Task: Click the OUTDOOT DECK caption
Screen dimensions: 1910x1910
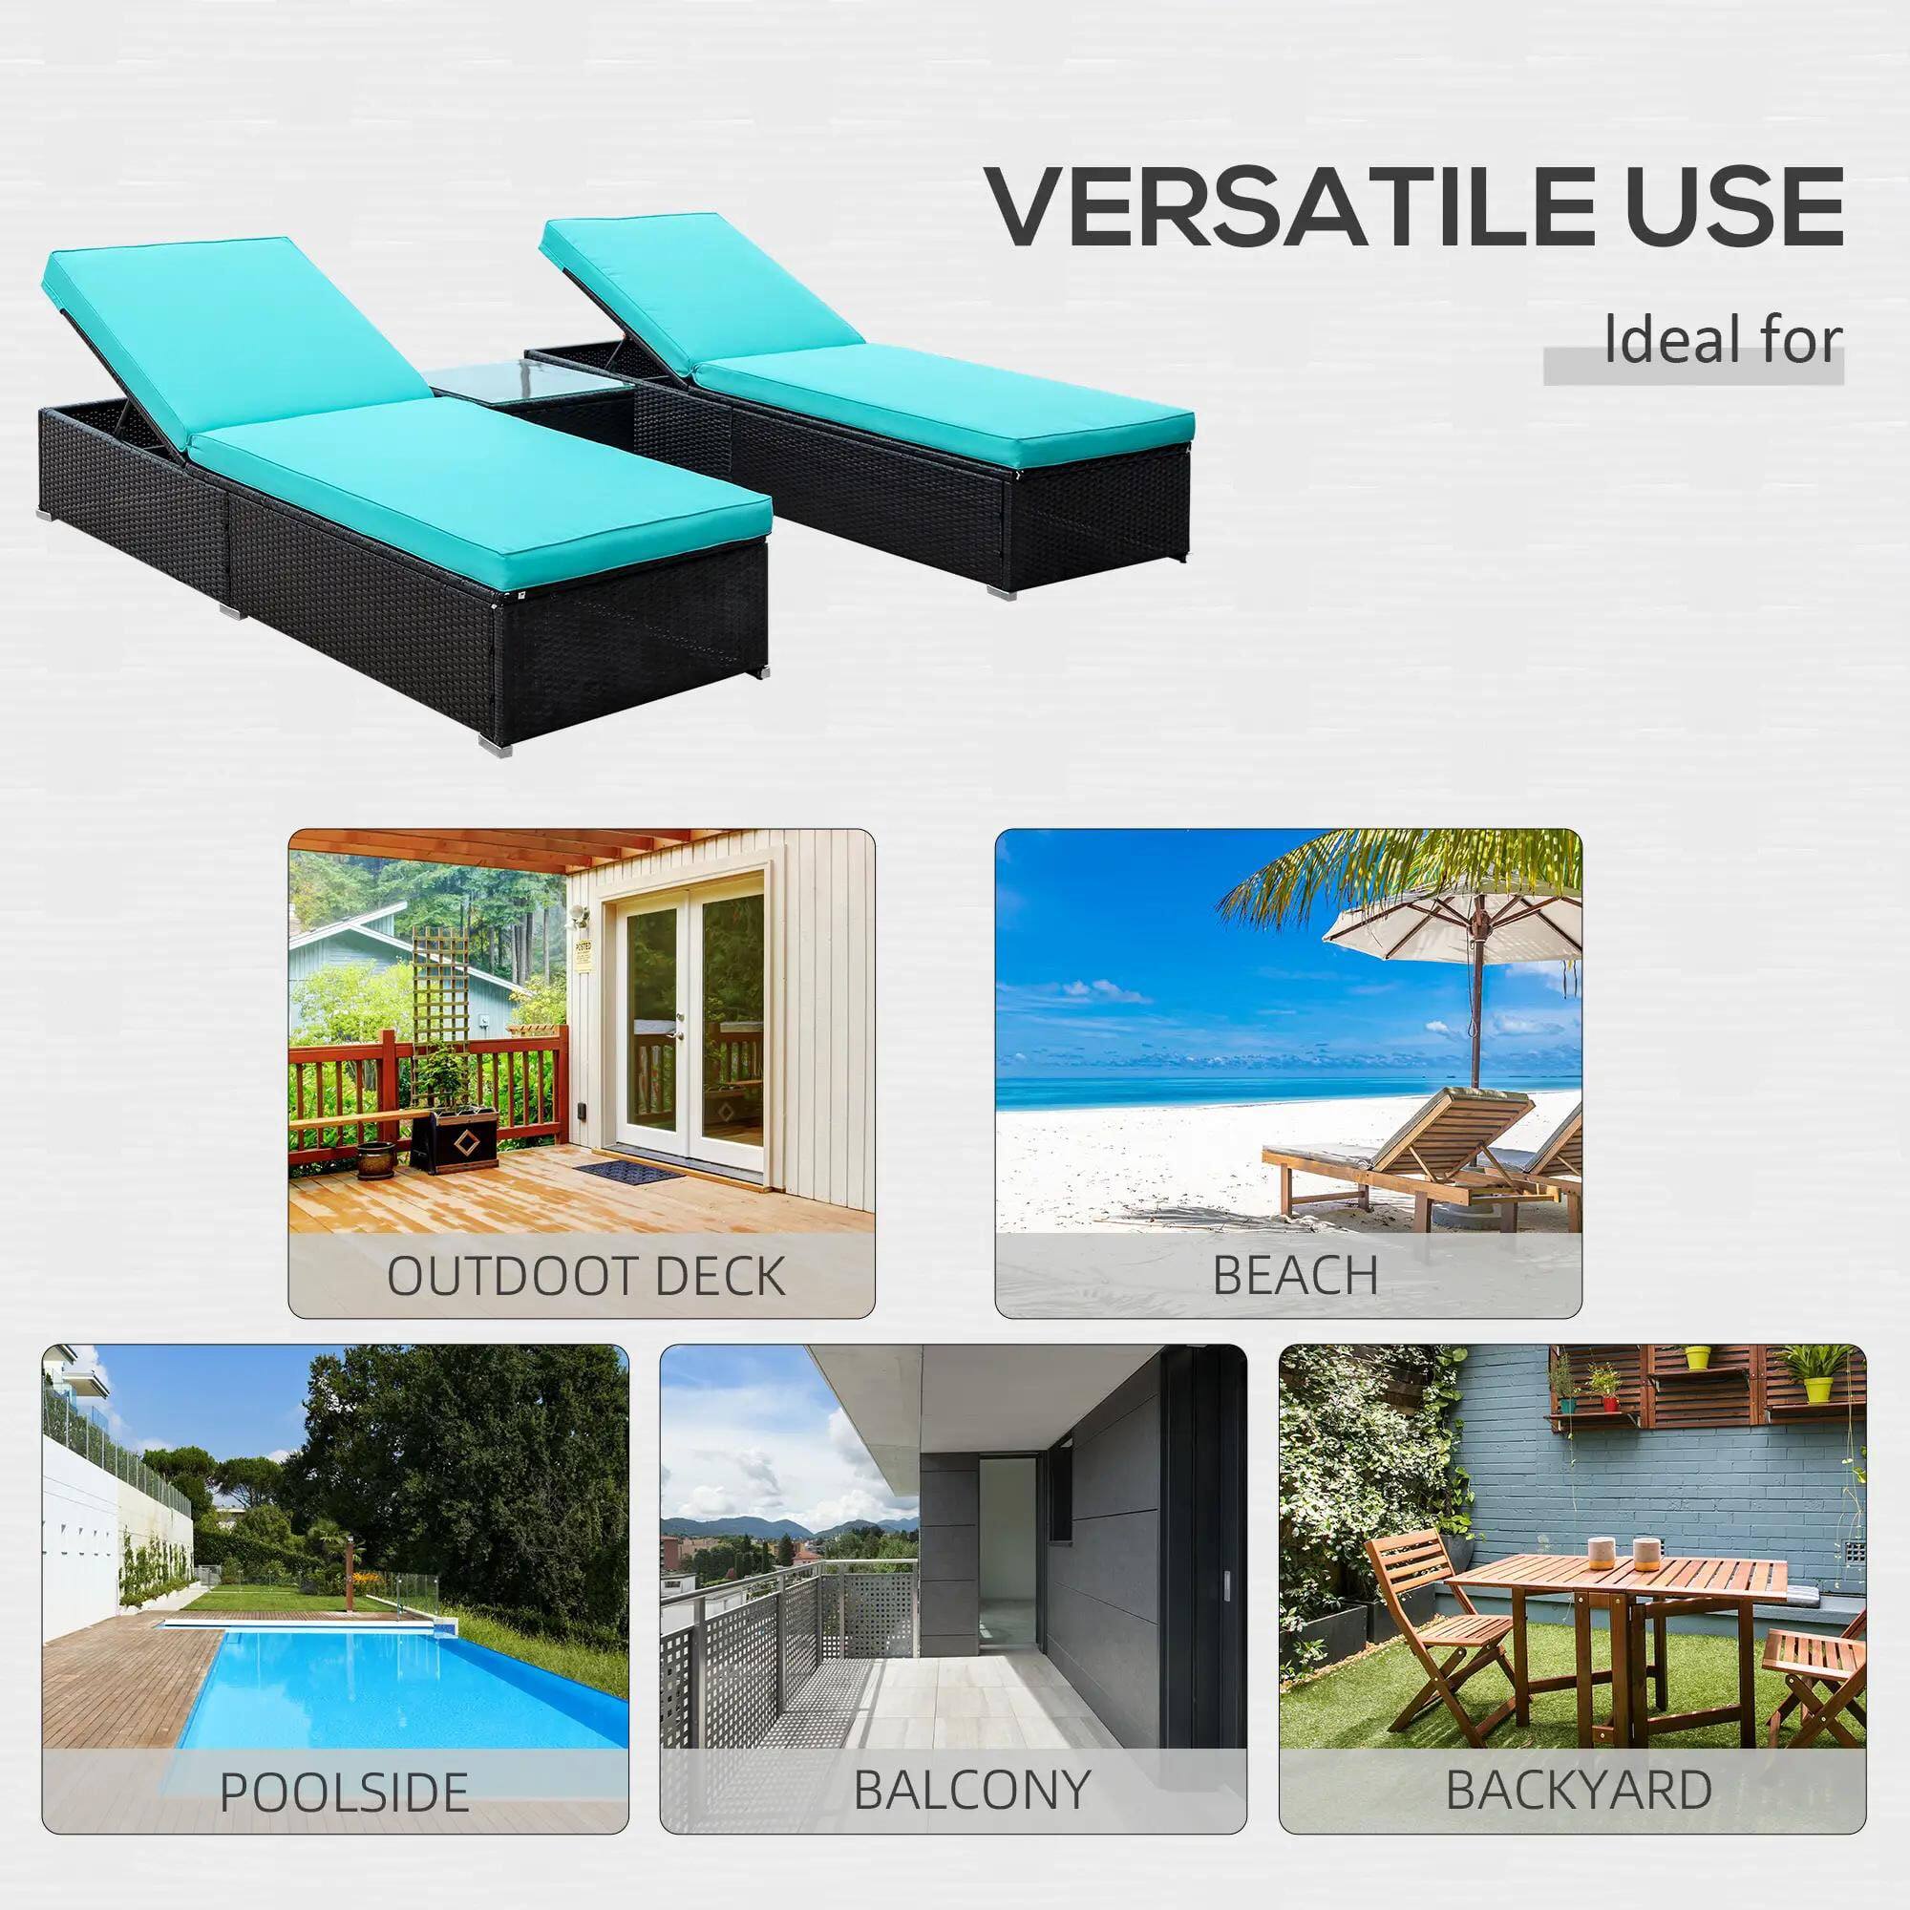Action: pyautogui.click(x=585, y=1276)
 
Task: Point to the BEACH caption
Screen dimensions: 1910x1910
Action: pyautogui.click(x=1295, y=1275)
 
